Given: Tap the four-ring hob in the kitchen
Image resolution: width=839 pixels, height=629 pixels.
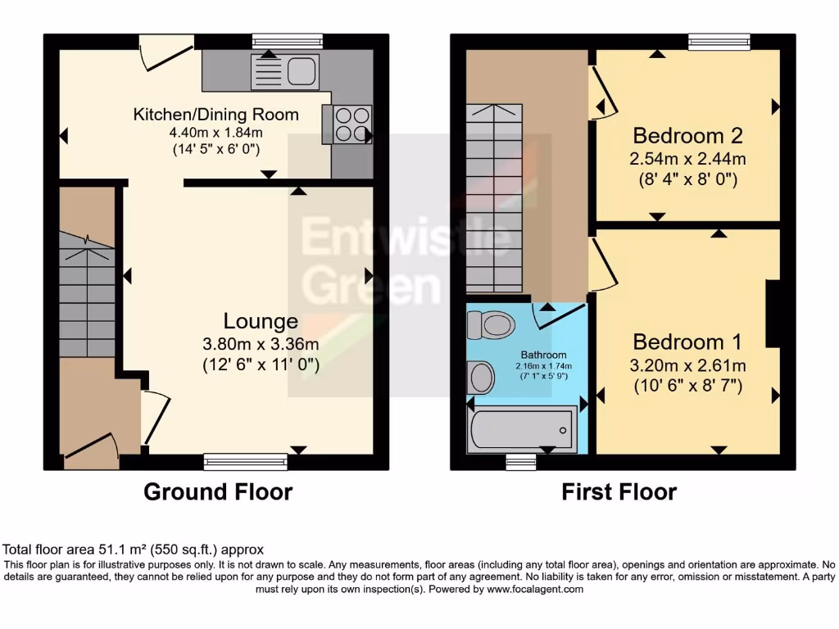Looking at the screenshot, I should [351, 124].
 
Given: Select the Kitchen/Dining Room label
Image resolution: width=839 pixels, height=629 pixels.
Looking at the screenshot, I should [215, 115].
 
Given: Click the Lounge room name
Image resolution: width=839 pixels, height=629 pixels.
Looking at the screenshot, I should [261, 320].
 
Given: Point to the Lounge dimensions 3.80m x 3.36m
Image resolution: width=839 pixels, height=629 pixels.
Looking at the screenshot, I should [261, 343].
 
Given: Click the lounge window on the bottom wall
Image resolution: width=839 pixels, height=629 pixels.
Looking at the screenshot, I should [246, 463].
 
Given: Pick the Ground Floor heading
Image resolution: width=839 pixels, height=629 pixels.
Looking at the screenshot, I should [218, 491].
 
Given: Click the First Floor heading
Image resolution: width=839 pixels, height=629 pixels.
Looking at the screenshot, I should [619, 491].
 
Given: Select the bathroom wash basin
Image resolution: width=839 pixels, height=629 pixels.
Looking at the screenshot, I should [483, 377].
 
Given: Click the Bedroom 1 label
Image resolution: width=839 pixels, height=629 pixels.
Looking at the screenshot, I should [687, 341].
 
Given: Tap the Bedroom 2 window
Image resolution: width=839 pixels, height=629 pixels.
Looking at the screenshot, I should [719, 42].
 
